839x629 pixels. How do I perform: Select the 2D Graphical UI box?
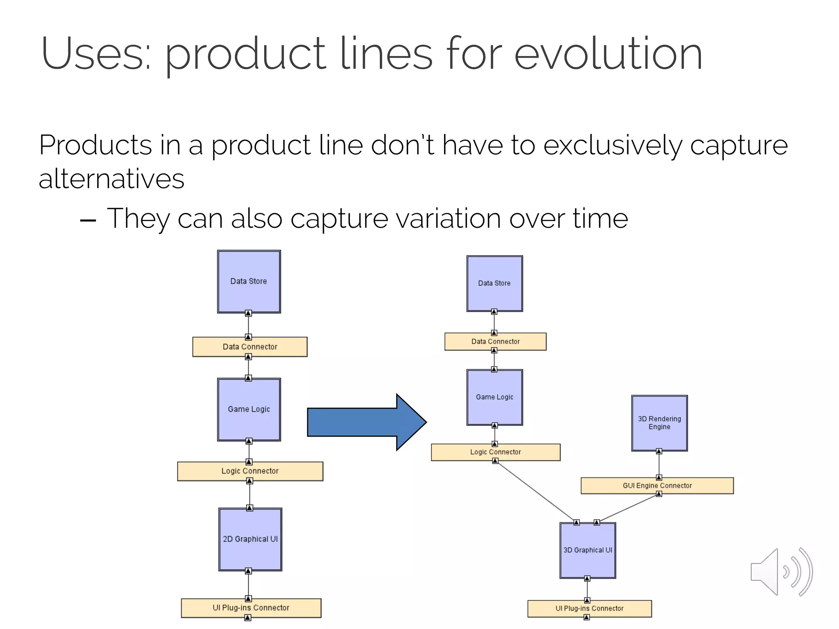tap(250, 539)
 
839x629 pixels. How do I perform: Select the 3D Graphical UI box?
tap(587, 550)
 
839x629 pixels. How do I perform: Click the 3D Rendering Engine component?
tap(659, 423)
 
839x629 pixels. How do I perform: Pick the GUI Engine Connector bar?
tap(657, 486)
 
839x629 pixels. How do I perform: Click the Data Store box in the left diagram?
tap(249, 281)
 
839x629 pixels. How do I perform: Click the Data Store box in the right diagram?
tap(494, 283)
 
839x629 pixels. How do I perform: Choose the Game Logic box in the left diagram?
tap(249, 409)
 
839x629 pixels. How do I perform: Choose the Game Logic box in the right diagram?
tap(494, 397)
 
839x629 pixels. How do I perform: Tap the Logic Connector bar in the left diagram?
tap(250, 471)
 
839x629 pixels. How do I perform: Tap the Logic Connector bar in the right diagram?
tap(495, 452)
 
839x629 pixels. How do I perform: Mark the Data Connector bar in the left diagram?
tap(250, 347)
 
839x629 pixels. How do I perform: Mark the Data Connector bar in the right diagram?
tap(495, 342)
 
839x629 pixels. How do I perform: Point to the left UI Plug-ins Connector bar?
tap(251, 608)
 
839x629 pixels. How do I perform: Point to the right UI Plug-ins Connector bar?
tap(589, 609)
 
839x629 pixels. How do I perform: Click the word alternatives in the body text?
tap(111, 179)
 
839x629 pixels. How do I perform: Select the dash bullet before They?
tap(88, 220)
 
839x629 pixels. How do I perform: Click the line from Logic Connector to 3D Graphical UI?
tap(536, 491)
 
